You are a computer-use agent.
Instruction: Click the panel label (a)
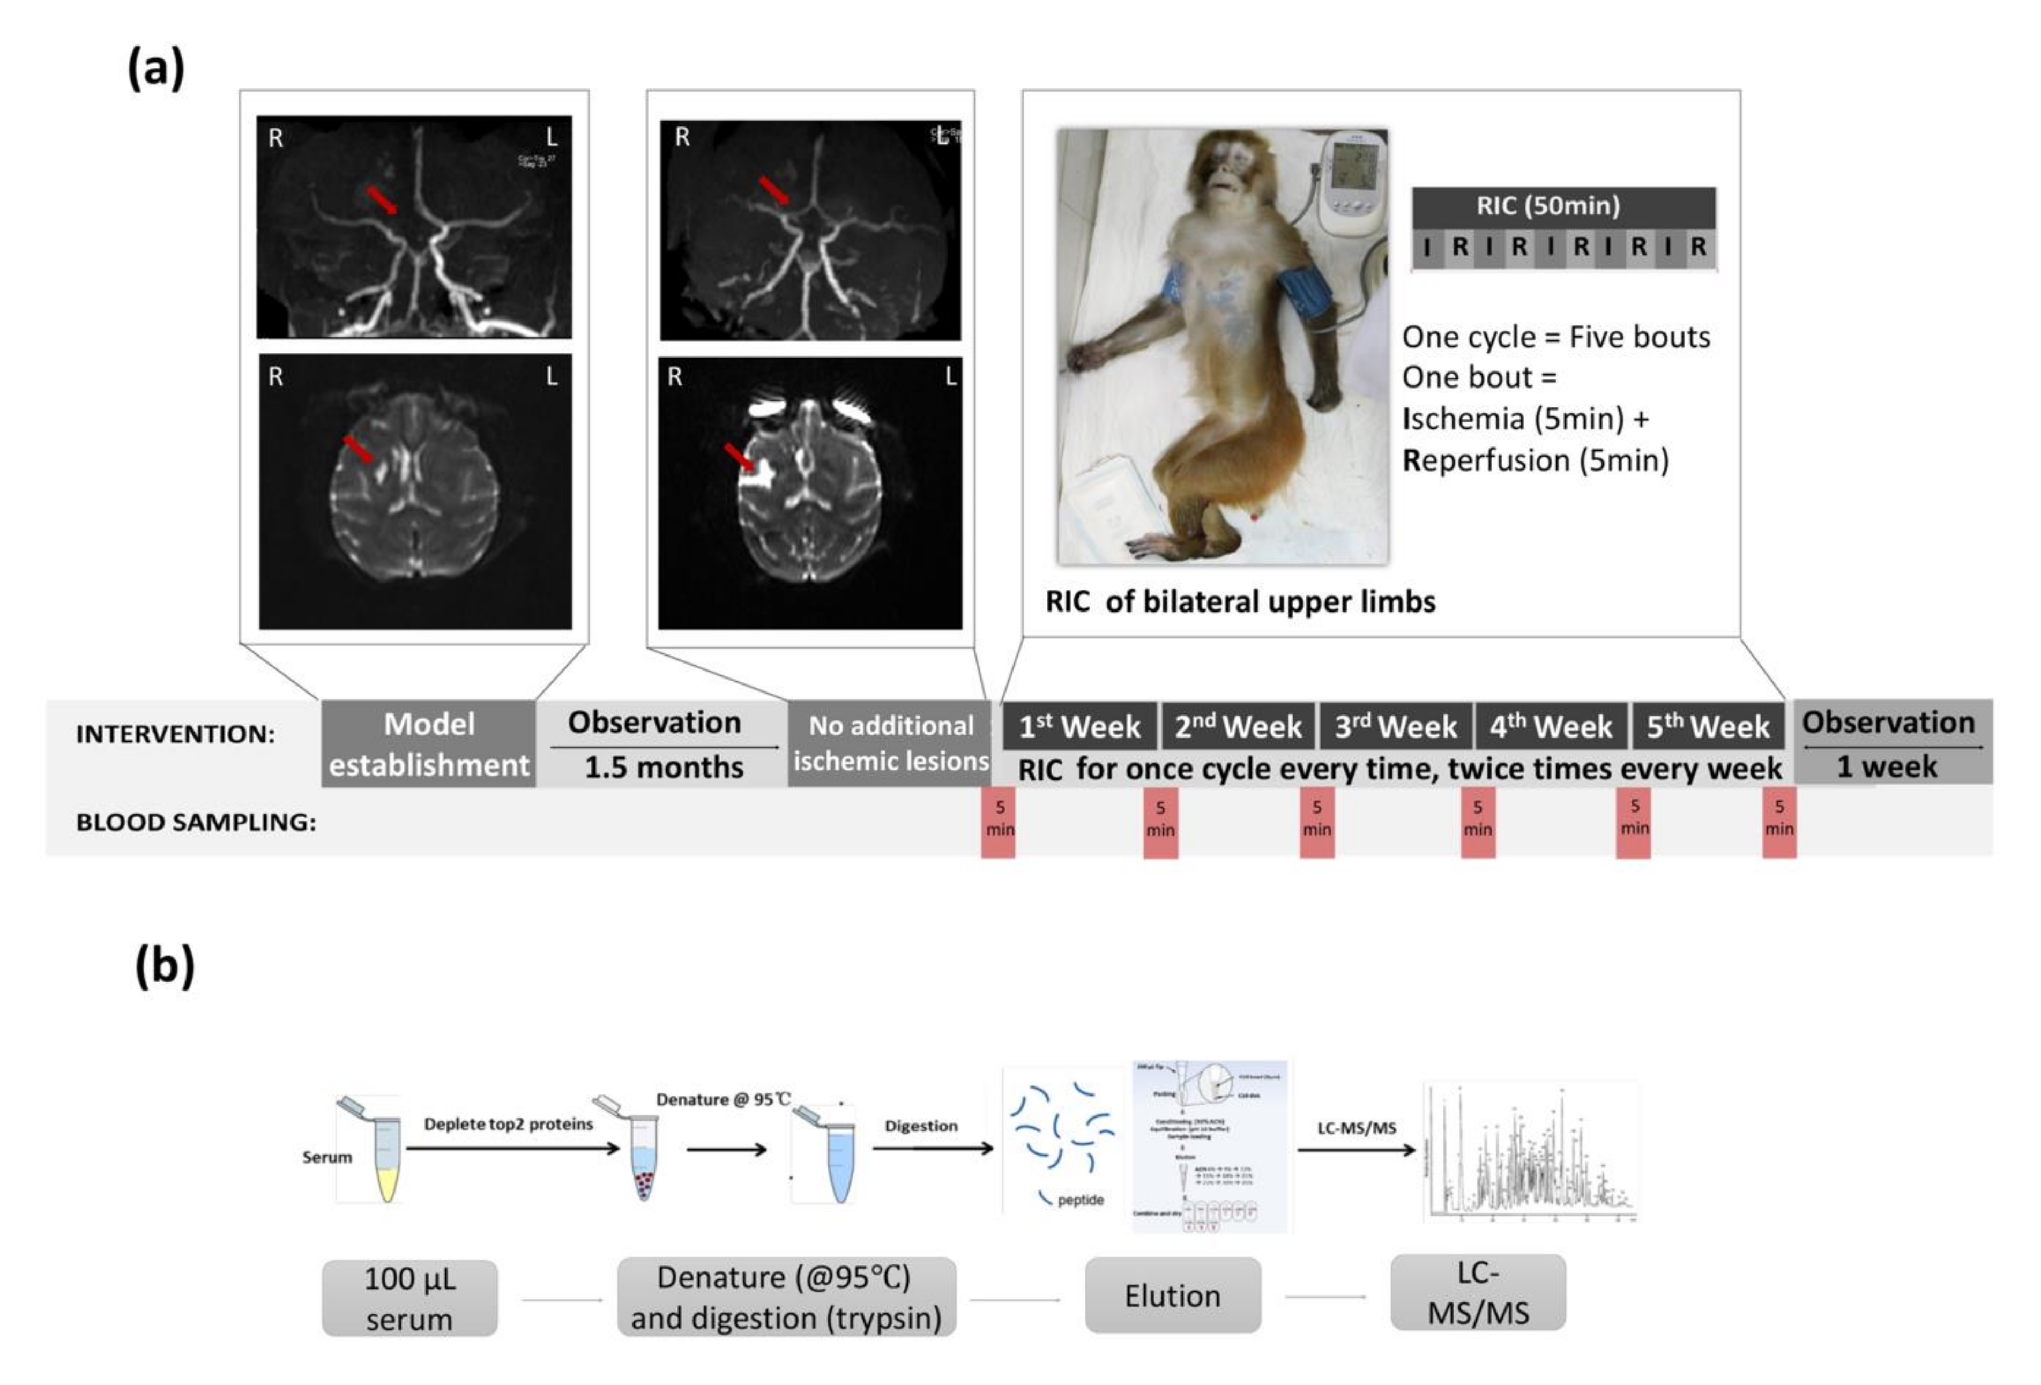pyautogui.click(x=157, y=69)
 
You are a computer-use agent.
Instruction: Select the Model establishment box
pyautogui.click(x=429, y=744)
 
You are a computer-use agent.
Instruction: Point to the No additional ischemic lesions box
pyautogui.click(x=890, y=743)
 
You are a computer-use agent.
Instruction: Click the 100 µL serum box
pyautogui.click(x=409, y=1298)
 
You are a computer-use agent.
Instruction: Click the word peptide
pyautogui.click(x=1080, y=1200)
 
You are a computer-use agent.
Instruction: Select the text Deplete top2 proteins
pyautogui.click(x=509, y=1124)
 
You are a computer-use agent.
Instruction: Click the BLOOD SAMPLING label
pyautogui.click(x=196, y=823)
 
